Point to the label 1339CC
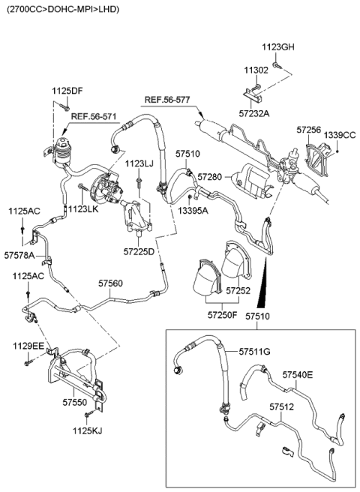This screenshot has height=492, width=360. pos(342,135)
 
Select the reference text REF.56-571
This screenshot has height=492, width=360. pos(94,117)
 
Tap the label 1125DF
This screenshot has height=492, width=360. pos(67,91)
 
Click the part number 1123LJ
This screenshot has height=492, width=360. pos(139,163)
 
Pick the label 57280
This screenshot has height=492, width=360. pos(210,176)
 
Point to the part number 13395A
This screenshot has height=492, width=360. pos(193,211)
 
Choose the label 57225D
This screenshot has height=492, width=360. pos(139,252)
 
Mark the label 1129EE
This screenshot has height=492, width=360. pos(28,346)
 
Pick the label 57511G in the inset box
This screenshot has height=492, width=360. pos(254,352)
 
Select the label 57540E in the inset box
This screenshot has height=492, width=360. pos(298,373)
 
